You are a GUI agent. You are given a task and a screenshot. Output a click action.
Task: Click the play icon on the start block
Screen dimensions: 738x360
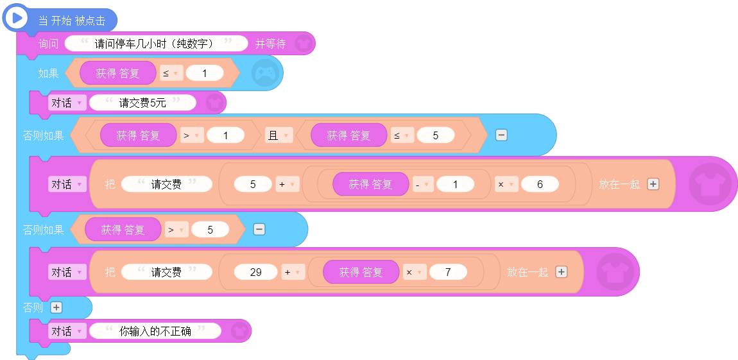tap(17, 19)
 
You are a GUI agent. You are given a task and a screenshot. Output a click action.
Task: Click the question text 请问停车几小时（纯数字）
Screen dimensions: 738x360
tap(156, 44)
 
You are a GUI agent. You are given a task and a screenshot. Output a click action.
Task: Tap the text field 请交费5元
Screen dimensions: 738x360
tap(142, 103)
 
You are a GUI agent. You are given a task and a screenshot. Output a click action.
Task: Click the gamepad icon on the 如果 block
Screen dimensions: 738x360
tap(265, 73)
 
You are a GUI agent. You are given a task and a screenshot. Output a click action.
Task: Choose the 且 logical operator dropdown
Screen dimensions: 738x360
tap(278, 135)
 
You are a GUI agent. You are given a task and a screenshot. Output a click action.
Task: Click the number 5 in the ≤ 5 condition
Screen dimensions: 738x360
tap(435, 135)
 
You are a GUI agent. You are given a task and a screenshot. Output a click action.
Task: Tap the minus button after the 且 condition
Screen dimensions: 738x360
tap(501, 135)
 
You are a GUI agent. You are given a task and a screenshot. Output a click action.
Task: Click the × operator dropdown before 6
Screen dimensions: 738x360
tap(506, 184)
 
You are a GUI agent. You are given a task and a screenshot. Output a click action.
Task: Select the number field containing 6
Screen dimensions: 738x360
tap(540, 184)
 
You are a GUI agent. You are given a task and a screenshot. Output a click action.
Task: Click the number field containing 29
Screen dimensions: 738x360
tap(256, 272)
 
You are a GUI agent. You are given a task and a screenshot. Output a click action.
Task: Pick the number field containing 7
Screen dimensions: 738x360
tap(447, 272)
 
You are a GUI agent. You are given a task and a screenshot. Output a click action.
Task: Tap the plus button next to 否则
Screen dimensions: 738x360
tap(56, 307)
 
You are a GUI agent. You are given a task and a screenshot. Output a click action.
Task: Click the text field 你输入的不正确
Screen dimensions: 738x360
tap(155, 331)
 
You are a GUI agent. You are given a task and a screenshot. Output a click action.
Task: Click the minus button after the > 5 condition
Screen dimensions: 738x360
tap(259, 229)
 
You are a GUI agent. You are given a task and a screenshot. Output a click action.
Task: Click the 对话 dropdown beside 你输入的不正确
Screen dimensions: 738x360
tap(67, 331)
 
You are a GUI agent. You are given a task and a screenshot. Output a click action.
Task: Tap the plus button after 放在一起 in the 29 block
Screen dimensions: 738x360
tap(561, 272)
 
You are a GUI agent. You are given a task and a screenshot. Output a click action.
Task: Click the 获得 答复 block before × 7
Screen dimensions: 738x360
tap(361, 272)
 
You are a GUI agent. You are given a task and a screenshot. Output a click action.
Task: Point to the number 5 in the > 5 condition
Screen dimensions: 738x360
tap(210, 230)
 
